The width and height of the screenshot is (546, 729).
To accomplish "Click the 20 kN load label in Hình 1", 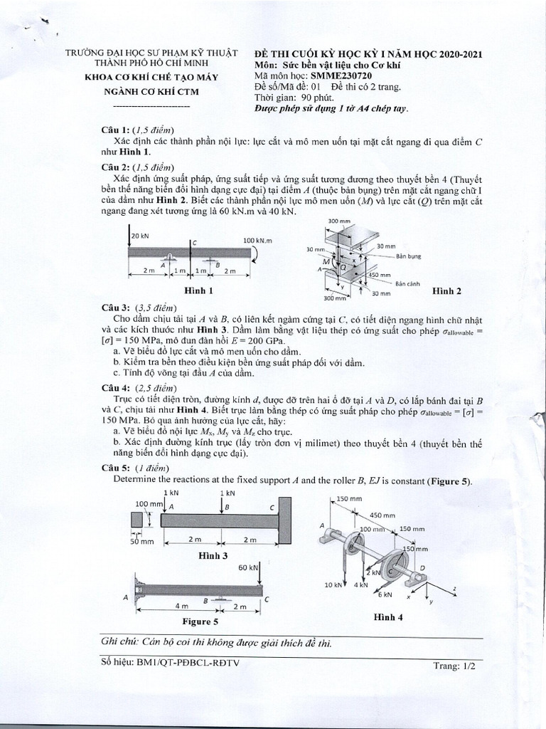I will tap(140, 236).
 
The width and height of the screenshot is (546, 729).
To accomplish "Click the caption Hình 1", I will tap(199, 290).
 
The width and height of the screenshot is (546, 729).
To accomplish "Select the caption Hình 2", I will tap(447, 290).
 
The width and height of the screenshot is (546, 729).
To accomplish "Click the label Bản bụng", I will tap(410, 256).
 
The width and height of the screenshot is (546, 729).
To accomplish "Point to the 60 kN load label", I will tap(247, 568).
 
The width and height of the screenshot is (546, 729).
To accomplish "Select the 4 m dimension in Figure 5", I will tap(181, 606).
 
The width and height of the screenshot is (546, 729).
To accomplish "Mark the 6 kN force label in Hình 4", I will tap(385, 594).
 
